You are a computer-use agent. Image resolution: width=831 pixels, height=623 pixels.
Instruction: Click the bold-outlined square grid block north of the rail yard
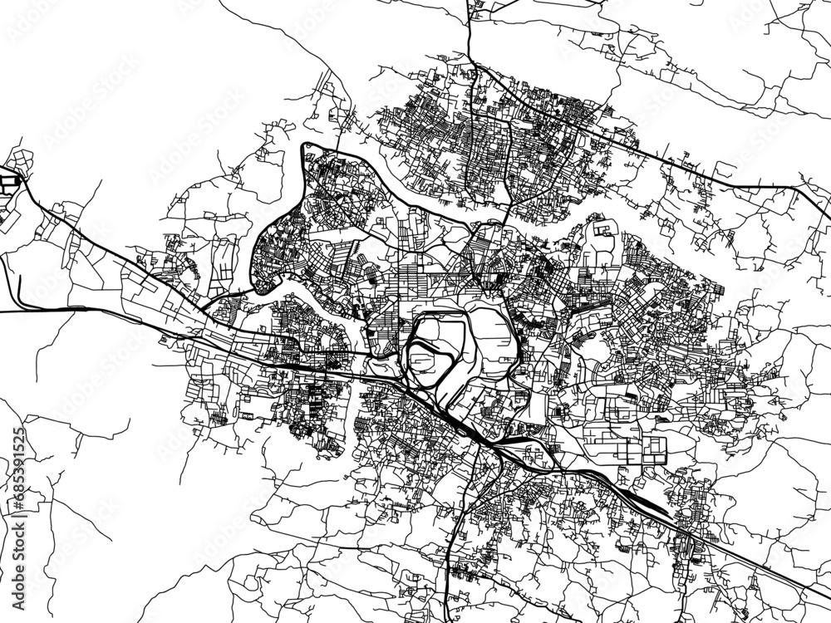[653, 449]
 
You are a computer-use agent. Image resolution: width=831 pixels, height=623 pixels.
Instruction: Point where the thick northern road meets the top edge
[470, 2]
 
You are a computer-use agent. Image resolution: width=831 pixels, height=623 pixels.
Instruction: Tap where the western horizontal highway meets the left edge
[2, 311]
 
